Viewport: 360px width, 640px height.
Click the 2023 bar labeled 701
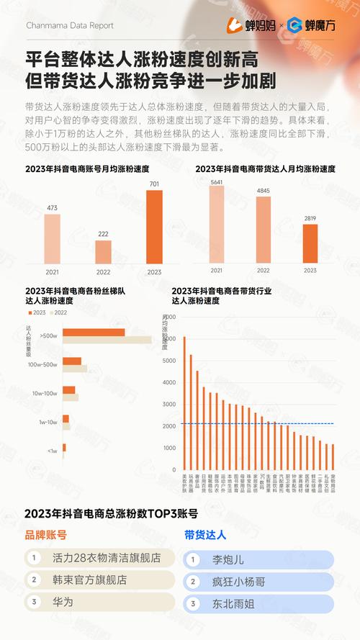point(154,227)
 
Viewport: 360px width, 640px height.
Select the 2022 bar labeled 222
point(103,252)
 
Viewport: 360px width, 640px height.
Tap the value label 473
point(52,208)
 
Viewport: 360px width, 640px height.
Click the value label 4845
point(263,191)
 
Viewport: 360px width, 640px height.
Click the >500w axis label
point(49,335)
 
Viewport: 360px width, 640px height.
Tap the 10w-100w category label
point(45,393)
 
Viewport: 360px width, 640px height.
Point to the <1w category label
point(52,451)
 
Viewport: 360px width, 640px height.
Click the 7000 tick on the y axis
point(168,316)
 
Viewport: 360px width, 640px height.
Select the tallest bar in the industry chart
point(184,402)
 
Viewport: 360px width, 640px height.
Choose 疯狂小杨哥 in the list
point(235,582)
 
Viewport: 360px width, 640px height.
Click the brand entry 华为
point(63,601)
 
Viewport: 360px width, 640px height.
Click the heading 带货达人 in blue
point(204,535)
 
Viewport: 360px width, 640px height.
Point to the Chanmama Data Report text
point(69,25)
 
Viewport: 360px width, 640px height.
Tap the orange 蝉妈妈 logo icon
point(235,25)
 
